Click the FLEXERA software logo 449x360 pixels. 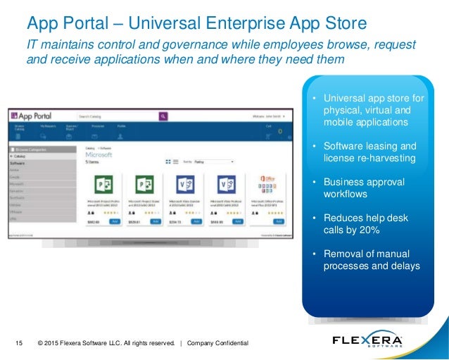tap(367, 341)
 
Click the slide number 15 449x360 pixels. tap(19, 343)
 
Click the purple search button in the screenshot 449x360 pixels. tap(163, 116)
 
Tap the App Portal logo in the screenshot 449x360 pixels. tap(35, 116)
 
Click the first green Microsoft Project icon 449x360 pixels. tap(104, 185)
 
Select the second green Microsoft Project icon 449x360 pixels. tap(144, 185)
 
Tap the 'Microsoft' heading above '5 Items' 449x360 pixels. tap(98, 154)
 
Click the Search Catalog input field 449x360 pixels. tap(117, 116)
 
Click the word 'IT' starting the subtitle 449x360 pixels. tap(32, 45)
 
